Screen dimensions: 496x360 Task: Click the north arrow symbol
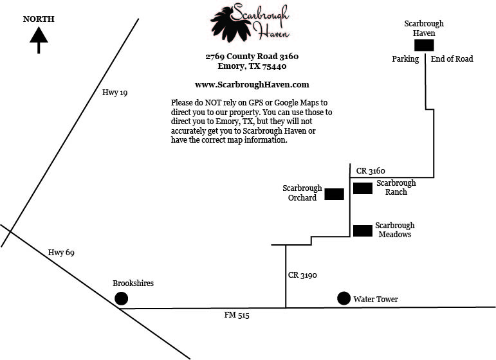pos(39,40)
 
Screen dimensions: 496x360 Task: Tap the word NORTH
pos(39,19)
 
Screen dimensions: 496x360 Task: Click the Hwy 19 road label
pos(115,93)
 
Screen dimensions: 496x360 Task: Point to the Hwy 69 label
pos(61,253)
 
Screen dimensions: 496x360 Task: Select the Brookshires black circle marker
pos(121,298)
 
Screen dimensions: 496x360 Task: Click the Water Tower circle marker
pos(344,298)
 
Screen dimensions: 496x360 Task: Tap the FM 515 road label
pos(237,315)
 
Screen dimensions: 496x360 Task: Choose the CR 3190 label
pos(302,275)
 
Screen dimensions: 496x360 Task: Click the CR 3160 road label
pos(371,171)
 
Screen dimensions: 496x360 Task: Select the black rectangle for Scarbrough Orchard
pos(335,194)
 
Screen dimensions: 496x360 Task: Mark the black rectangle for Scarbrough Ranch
pos(363,188)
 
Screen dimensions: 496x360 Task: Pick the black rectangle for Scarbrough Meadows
pos(363,231)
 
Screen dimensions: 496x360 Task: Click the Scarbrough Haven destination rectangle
pos(424,45)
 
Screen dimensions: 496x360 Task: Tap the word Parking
pos(405,59)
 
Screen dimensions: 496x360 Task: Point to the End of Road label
pos(452,59)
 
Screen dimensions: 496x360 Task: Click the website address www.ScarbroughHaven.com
pos(252,85)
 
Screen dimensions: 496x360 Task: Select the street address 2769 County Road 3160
pos(252,57)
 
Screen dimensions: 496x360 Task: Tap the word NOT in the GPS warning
pos(214,103)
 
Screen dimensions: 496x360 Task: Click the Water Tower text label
pos(376,300)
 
